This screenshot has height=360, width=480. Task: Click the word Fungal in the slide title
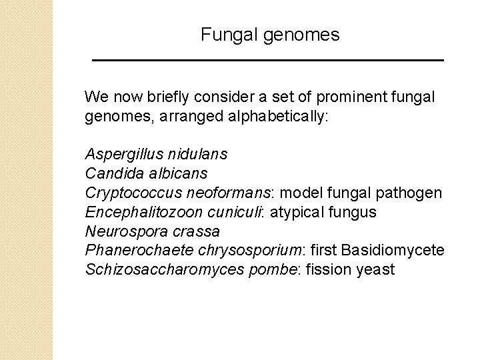click(x=222, y=35)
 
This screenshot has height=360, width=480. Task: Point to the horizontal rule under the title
click(x=267, y=61)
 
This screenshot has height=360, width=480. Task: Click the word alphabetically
click(x=285, y=117)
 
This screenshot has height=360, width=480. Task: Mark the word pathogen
click(x=410, y=193)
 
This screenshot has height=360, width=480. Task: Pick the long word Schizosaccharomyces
click(x=156, y=270)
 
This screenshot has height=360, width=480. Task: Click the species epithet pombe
click(x=252, y=270)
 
